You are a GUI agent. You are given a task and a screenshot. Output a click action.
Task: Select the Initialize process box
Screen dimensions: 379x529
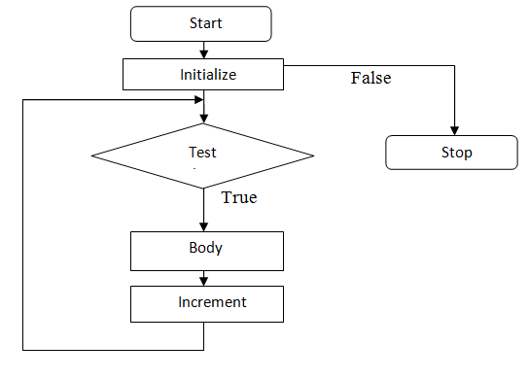tap(203, 73)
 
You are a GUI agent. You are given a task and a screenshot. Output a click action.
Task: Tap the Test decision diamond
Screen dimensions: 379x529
tap(202, 155)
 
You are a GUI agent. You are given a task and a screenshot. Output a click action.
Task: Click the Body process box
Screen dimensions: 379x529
tap(206, 250)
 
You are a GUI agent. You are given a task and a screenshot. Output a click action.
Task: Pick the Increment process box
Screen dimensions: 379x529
tap(206, 303)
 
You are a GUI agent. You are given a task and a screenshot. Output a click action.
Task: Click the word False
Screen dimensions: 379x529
tap(370, 79)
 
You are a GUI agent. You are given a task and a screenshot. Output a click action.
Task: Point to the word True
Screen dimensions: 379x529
tap(239, 197)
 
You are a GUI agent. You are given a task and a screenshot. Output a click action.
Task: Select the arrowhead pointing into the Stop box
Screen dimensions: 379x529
tap(454, 130)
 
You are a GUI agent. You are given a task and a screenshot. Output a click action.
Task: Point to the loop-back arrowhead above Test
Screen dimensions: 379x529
tap(198, 99)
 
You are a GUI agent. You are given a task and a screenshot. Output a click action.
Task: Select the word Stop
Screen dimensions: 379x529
tap(456, 153)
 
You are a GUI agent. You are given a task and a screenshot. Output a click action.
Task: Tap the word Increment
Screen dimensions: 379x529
tap(212, 302)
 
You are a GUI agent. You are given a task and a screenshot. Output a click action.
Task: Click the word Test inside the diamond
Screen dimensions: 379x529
tap(201, 153)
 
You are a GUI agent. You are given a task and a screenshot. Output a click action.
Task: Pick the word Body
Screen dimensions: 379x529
tap(205, 247)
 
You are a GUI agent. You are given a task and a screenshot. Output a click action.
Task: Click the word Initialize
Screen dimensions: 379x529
tap(208, 74)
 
